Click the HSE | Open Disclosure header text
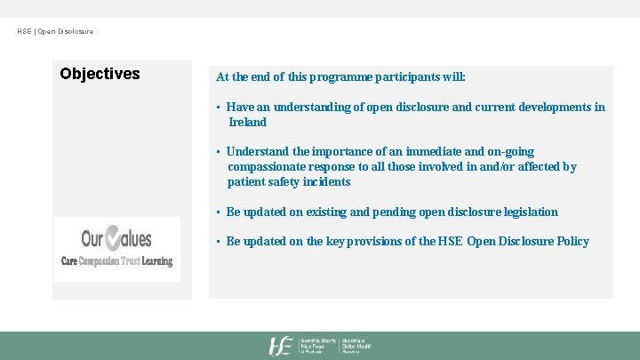pos(55,32)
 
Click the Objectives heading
pos(100,74)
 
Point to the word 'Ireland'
pos(247,122)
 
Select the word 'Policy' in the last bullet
pos(571,241)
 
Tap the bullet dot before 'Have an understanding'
pos(219,108)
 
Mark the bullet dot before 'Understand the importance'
pos(219,152)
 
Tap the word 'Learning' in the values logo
pos(156,261)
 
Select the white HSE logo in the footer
pos(282,346)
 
